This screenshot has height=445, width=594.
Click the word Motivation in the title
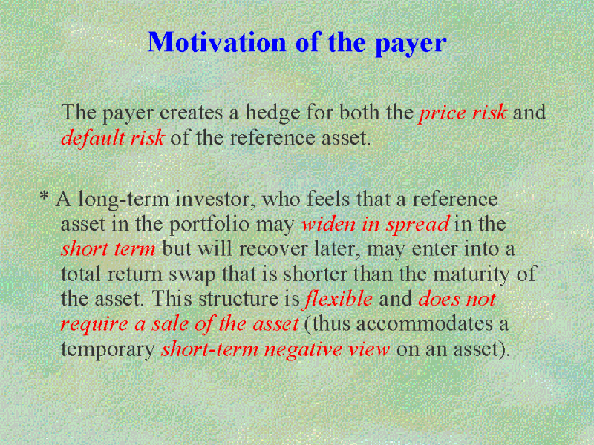point(217,42)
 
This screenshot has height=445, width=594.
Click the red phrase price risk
point(463,113)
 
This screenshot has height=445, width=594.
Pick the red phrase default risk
point(113,137)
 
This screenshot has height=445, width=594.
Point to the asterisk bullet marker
point(45,196)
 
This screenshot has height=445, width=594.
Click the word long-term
point(123,200)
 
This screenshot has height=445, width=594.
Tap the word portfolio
point(209,225)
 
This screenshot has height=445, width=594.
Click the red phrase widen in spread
point(376,225)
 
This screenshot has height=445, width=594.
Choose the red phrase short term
point(108,249)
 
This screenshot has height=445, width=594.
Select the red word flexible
point(338,299)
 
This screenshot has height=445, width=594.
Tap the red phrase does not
point(457,299)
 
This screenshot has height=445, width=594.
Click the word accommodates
point(423,324)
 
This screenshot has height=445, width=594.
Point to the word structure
point(238,300)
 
